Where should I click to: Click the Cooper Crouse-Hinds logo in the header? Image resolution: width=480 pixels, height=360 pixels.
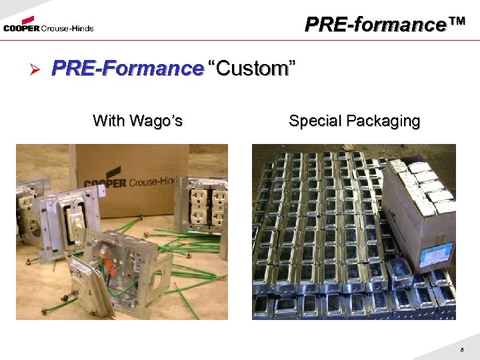point(48,27)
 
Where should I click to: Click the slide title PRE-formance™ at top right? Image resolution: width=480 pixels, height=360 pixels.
point(384,25)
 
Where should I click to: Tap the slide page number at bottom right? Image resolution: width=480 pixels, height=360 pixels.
point(461,349)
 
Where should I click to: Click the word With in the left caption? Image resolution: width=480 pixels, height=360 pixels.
point(108,121)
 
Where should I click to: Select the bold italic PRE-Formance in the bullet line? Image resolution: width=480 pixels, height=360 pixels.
point(127,69)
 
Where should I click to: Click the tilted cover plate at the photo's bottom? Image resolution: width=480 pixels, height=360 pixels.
point(93,293)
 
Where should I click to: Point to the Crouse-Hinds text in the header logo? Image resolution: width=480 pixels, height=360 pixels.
point(67,29)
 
